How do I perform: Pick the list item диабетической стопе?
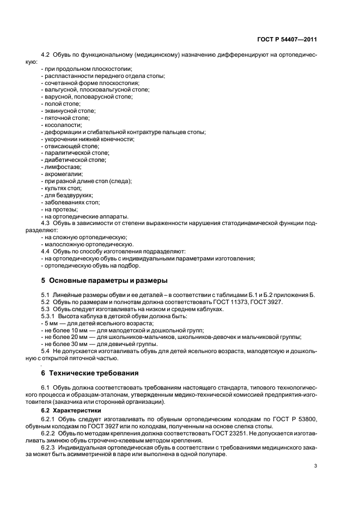point(74,161)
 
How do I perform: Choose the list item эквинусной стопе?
point(68,111)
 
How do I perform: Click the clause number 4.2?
point(46,56)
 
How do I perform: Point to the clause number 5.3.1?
point(48,316)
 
